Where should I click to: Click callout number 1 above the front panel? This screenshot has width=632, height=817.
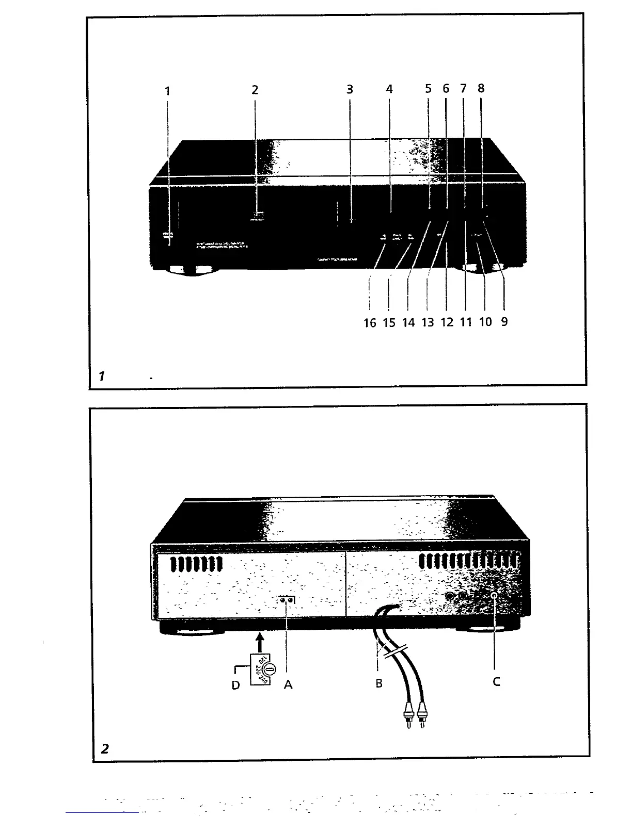pos(167,91)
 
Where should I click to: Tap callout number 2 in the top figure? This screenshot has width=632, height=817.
pos(255,90)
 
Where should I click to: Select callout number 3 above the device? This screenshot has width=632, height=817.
pos(350,90)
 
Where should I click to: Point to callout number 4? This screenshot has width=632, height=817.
pos(389,89)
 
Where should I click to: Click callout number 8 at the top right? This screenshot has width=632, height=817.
pos(481,88)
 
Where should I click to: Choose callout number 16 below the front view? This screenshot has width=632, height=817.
pos(370,323)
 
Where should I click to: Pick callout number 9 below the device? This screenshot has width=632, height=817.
pos(504,321)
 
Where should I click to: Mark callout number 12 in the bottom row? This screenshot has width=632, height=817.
pos(447,322)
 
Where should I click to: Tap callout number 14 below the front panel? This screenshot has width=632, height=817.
pos(408,323)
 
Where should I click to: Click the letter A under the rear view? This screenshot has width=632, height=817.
pos(288,684)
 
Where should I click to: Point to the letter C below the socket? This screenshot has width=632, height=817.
pos(496,682)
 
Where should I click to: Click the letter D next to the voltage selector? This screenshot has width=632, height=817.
pos(236,685)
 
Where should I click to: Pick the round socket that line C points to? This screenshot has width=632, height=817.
pos(495,596)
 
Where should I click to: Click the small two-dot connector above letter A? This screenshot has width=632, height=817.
pos(287,600)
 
